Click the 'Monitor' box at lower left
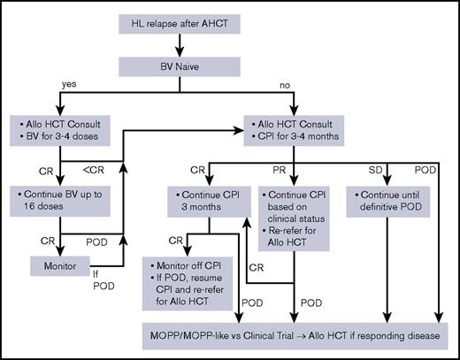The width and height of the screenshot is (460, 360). pyautogui.click(x=56, y=264)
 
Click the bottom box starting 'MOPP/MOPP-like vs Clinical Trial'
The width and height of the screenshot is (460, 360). pyautogui.click(x=295, y=335)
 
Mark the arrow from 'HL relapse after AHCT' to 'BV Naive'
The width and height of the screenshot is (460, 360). pyautogui.click(x=184, y=43)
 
